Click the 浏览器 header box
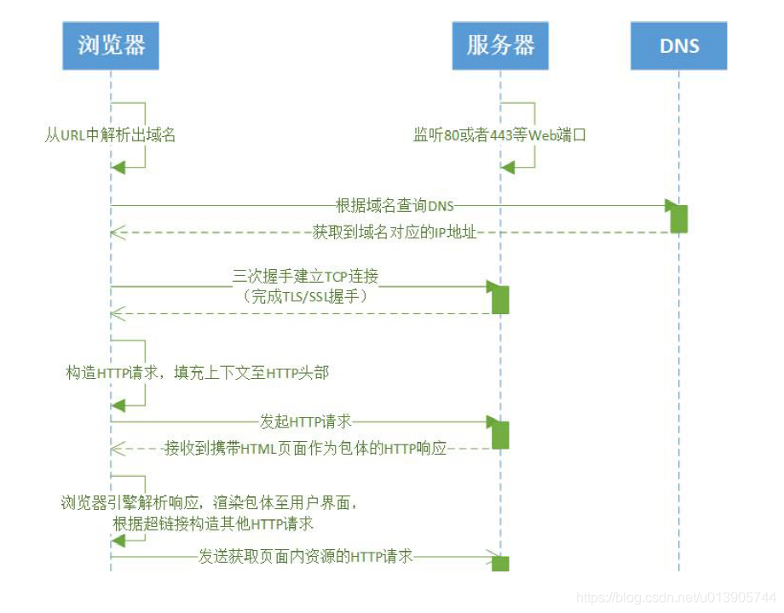pos(111,45)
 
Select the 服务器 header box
pos(500,45)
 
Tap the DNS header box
pos(678,45)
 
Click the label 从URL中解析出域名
pos(111,135)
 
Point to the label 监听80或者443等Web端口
pos(500,135)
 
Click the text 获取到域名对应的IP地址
pos(394,232)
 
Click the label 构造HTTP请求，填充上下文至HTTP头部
pos(197,372)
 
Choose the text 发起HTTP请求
pos(305,421)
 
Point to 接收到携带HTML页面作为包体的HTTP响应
pos(305,448)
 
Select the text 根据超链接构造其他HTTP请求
pos(213,523)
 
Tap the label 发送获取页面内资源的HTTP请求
pos(306,557)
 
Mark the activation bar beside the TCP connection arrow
pos(500,299)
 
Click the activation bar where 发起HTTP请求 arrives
pos(500,434)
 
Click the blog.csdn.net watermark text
pos(676,598)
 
